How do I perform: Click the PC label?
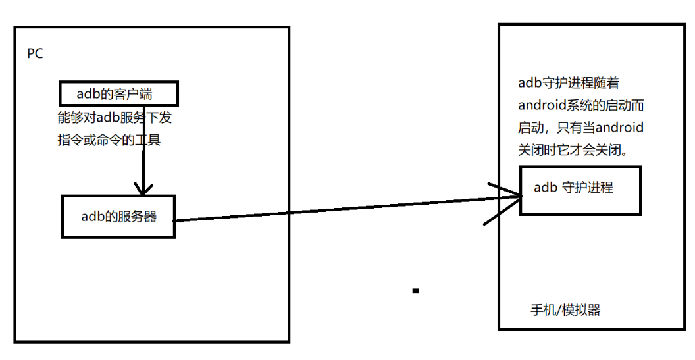point(35,54)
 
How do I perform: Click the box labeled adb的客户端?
point(119,93)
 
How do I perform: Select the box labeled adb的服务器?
point(118,216)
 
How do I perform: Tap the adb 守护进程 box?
point(580,190)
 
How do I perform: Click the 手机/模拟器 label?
point(565,310)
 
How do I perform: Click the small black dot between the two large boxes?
point(415,290)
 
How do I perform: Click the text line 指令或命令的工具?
point(109,140)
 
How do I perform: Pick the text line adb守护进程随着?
point(569,84)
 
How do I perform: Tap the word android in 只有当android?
point(619,127)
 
